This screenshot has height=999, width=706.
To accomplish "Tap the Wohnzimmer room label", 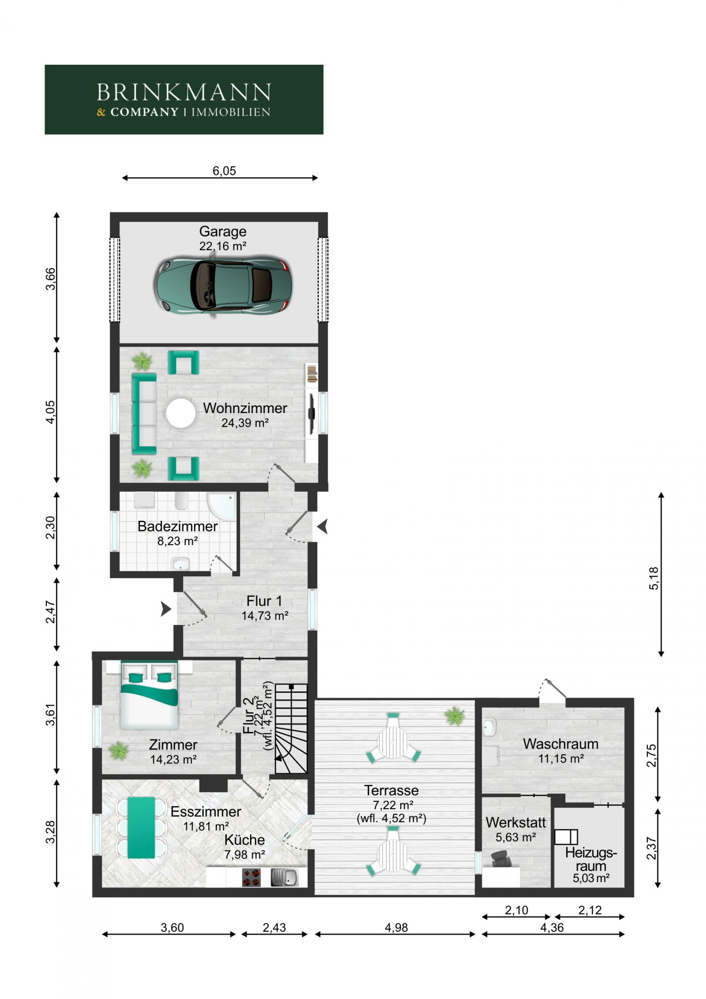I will [245, 408].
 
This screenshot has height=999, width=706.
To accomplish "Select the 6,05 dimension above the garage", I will [224, 171].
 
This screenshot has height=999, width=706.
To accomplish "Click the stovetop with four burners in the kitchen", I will [251, 877].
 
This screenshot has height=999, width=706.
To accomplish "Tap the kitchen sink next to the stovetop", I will [284, 877].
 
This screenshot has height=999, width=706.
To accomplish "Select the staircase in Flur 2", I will [291, 729].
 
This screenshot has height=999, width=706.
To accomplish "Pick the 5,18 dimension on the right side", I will [654, 578].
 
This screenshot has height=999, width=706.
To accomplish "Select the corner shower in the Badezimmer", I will [222, 506].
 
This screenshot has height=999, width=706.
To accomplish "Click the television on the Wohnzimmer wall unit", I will [311, 413].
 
